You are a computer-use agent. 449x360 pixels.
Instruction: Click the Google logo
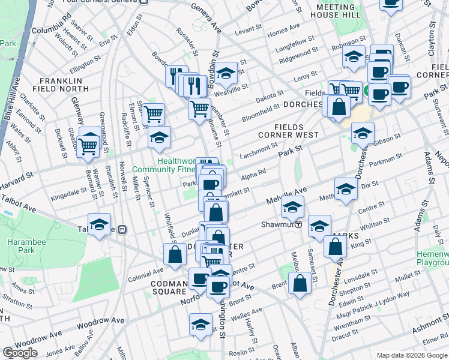(20, 352)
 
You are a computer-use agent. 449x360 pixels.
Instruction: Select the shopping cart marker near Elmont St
(154, 112)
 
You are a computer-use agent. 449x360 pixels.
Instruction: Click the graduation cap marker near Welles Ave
(200, 324)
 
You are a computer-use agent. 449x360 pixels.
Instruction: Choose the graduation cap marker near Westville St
(226, 74)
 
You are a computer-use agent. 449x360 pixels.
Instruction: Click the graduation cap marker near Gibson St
(363, 133)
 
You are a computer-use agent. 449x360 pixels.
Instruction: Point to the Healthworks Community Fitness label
(181, 166)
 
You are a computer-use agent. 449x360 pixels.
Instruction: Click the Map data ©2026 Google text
(411, 355)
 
